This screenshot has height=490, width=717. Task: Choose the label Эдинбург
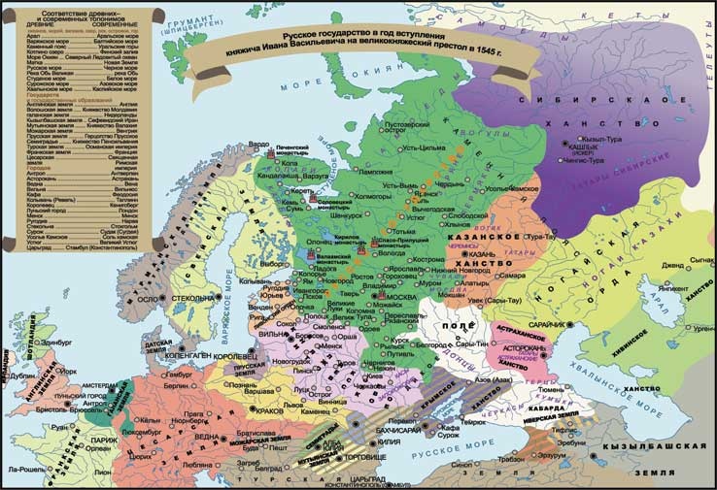click(x=56, y=342)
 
